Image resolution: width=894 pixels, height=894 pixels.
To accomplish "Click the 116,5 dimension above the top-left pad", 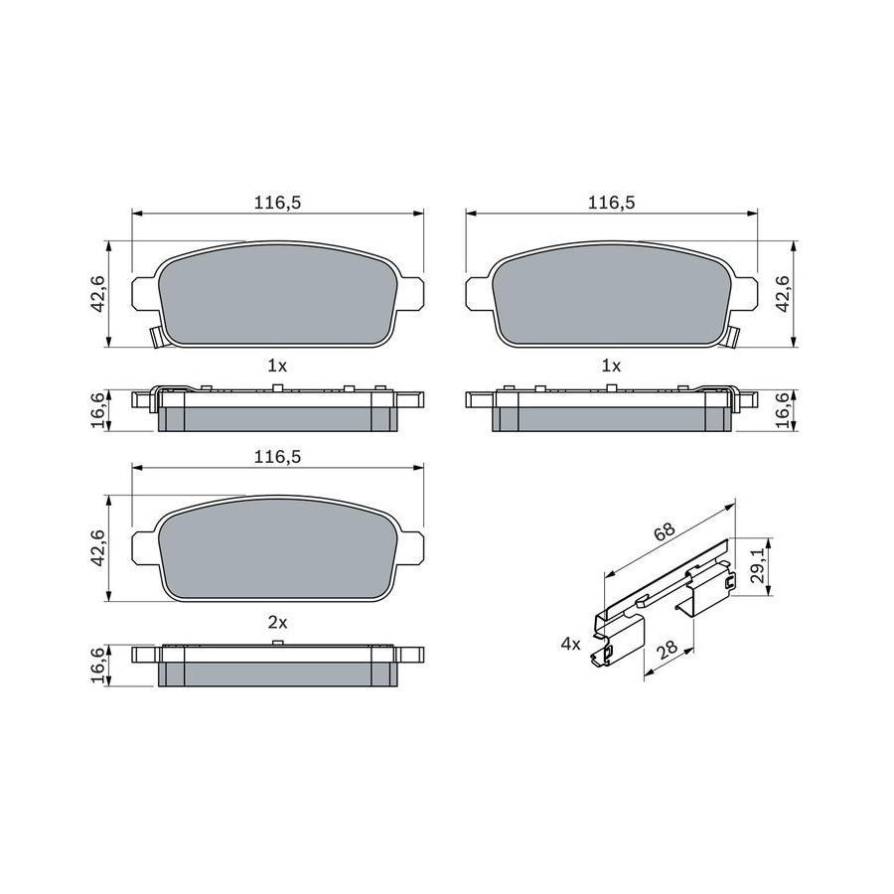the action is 278,203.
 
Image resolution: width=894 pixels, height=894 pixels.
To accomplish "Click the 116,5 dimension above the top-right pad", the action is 612,203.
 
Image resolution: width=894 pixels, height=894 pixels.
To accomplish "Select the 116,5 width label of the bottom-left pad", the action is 278,457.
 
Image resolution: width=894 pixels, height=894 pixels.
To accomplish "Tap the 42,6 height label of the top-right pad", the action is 784,294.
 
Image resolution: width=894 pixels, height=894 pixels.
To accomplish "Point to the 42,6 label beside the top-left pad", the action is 99,294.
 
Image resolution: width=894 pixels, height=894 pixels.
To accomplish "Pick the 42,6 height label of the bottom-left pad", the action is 99,548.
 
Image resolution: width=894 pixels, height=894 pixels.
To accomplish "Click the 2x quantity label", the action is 278,623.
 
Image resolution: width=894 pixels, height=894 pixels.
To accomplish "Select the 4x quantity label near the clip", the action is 570,645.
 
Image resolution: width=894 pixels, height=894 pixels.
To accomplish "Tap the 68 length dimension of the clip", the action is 665,531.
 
